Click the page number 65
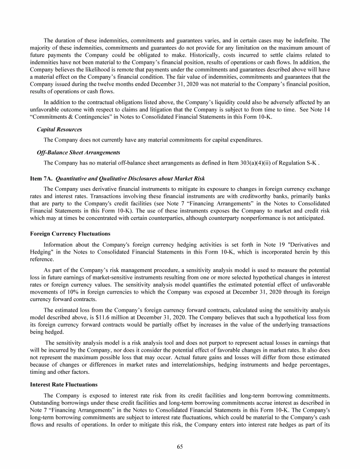click(x=180, y=446)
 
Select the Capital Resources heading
click(x=59, y=129)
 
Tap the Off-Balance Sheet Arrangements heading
click(x=79, y=152)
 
